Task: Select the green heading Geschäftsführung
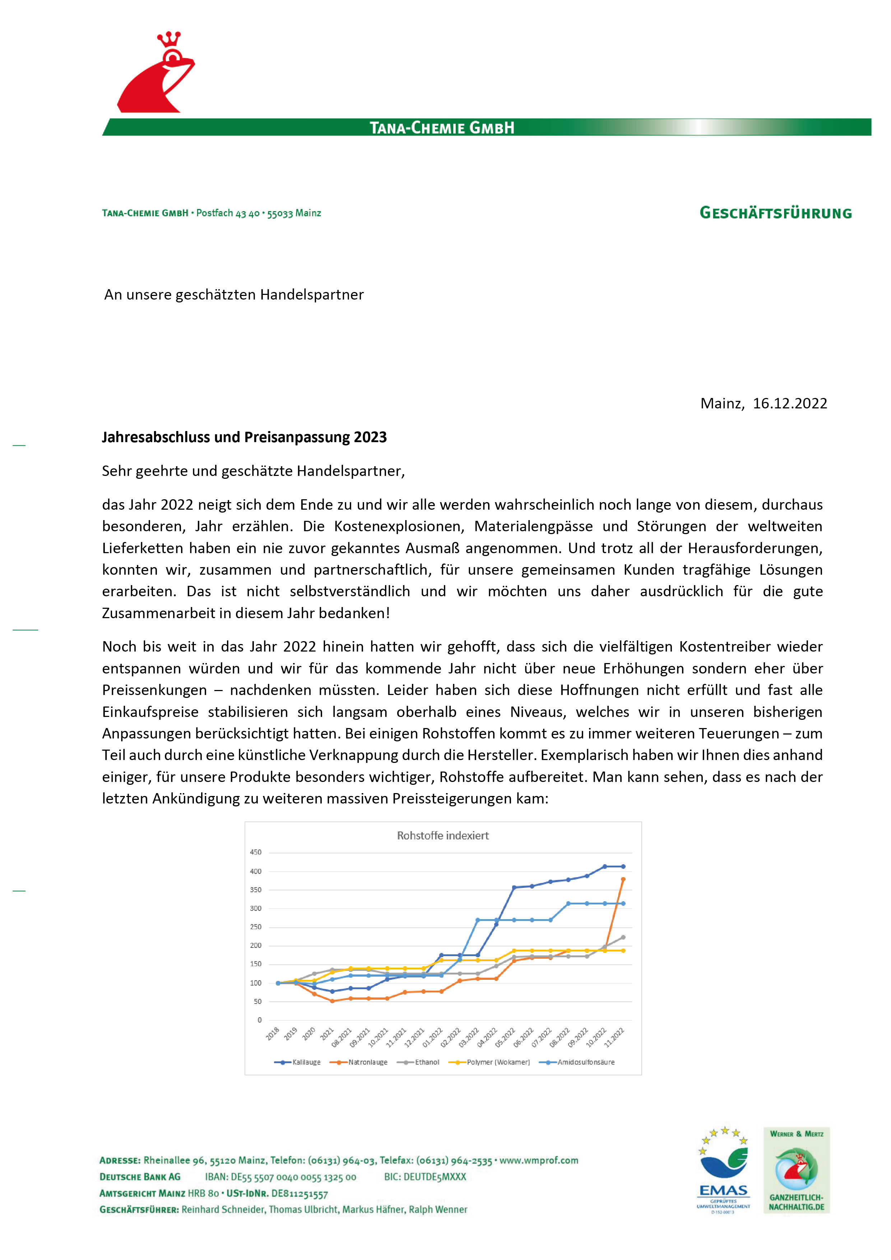[775, 213]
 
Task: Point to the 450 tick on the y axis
[256, 852]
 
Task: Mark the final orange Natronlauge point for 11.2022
[623, 880]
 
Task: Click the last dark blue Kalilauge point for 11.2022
[623, 867]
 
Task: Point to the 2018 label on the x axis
[273, 1033]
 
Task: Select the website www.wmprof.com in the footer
[538, 1160]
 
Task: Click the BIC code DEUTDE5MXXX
[425, 1177]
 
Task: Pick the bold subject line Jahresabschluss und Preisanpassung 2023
[244, 437]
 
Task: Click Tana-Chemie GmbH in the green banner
[442, 128]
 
